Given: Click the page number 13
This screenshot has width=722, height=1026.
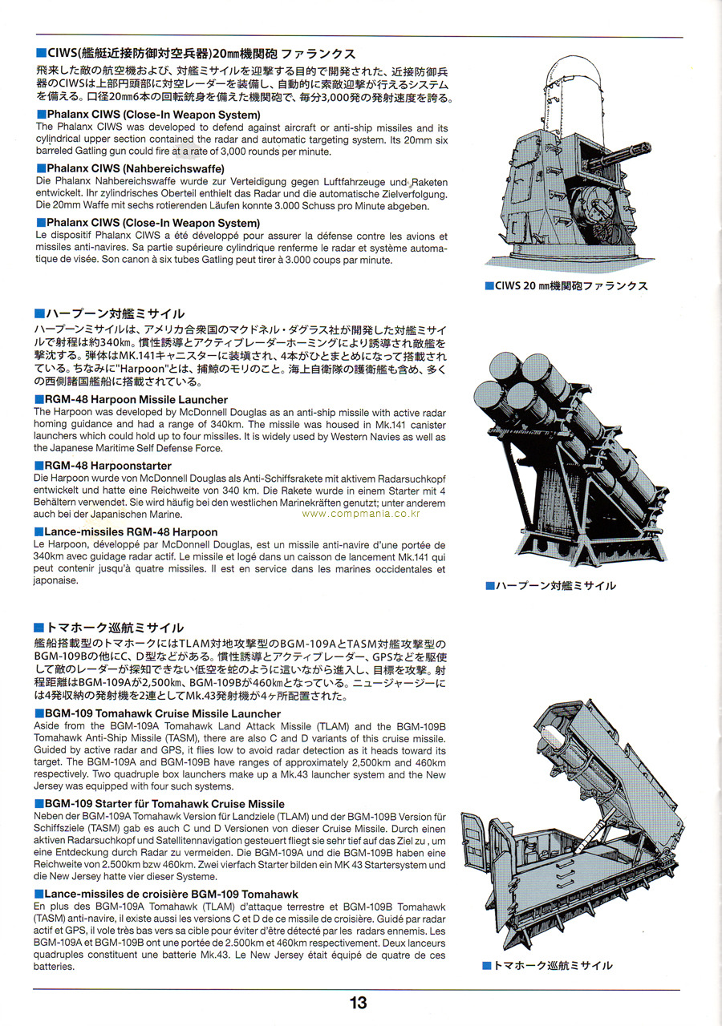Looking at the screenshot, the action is (x=358, y=1003).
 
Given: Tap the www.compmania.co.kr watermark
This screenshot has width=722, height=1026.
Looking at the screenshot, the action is (x=361, y=514).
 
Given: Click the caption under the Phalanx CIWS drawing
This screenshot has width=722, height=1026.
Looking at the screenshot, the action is (x=566, y=286).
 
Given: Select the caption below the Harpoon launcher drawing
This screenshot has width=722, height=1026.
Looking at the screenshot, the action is (x=550, y=585).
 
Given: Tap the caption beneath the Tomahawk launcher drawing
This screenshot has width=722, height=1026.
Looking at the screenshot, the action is (x=547, y=966).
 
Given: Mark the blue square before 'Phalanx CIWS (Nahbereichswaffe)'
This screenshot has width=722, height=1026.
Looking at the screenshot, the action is (x=41, y=169).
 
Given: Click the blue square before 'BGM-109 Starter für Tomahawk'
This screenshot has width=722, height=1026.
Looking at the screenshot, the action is (x=39, y=804).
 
